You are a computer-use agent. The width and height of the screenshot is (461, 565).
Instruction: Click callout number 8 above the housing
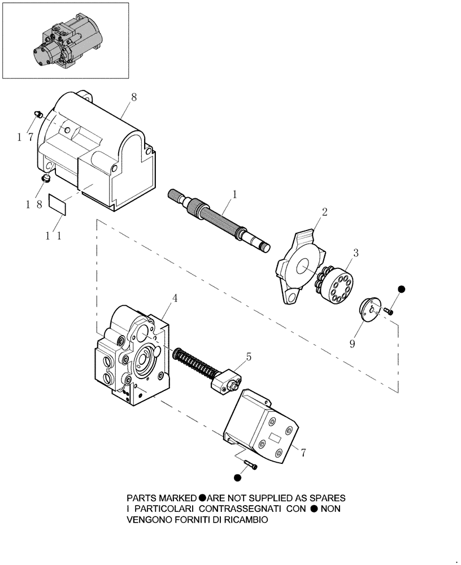point(134,97)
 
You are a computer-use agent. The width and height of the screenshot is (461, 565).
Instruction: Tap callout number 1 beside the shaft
point(234,194)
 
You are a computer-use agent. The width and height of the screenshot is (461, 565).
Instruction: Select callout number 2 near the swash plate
point(324,213)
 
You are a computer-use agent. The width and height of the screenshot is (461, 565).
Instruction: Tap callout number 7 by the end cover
point(303,453)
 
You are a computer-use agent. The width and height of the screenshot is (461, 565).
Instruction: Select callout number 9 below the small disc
point(352,343)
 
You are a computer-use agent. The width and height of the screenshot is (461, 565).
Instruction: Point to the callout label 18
point(32,205)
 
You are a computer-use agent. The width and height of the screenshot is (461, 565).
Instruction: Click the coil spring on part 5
point(194,362)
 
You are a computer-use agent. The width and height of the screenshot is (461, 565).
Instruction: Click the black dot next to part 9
point(402,289)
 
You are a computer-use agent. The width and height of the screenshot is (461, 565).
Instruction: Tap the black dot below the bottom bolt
point(237,478)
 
